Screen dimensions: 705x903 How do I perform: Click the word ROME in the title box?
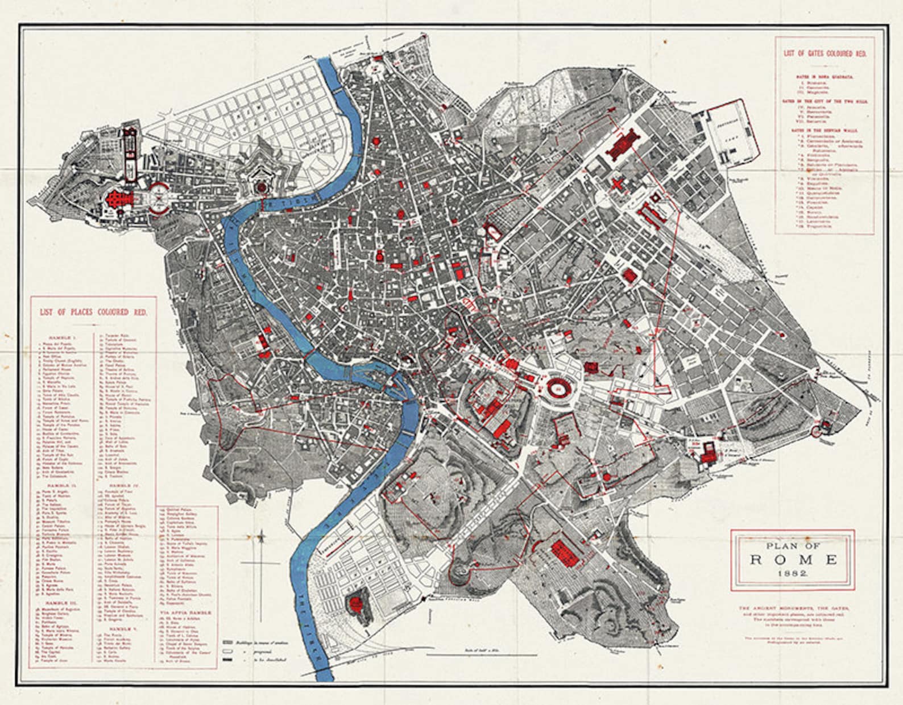(793, 559)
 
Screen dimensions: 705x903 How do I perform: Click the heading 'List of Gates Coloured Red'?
(825, 53)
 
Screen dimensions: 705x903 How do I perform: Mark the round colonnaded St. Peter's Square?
(159, 198)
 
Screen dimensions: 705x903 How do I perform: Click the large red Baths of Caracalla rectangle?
(565, 553)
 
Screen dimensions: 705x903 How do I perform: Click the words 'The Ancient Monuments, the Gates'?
(793, 608)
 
